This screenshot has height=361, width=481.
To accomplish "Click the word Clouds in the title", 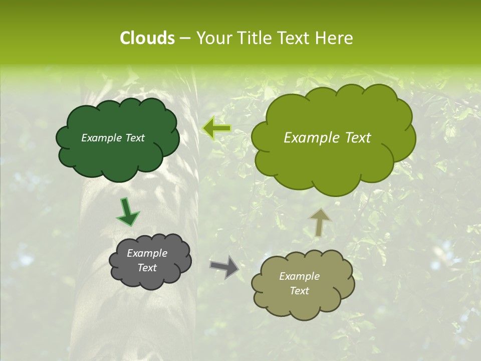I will (147, 38).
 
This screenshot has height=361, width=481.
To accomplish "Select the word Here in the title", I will (335, 38).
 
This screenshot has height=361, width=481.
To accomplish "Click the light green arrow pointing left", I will (216, 128).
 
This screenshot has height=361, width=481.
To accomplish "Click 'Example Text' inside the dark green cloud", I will (113, 138).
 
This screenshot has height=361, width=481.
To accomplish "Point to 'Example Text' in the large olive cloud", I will (327, 138).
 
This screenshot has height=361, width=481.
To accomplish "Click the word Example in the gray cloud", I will (147, 253).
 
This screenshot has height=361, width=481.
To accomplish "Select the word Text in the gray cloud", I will (147, 268).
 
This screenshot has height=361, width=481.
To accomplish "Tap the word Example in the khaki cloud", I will (299, 276).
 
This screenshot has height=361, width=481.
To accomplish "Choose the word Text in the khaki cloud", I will (299, 291).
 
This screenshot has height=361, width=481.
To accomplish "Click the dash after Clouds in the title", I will (184, 38).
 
